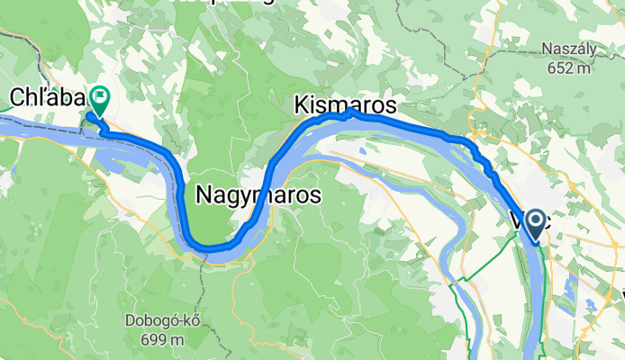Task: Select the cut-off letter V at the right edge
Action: click(621, 295)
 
